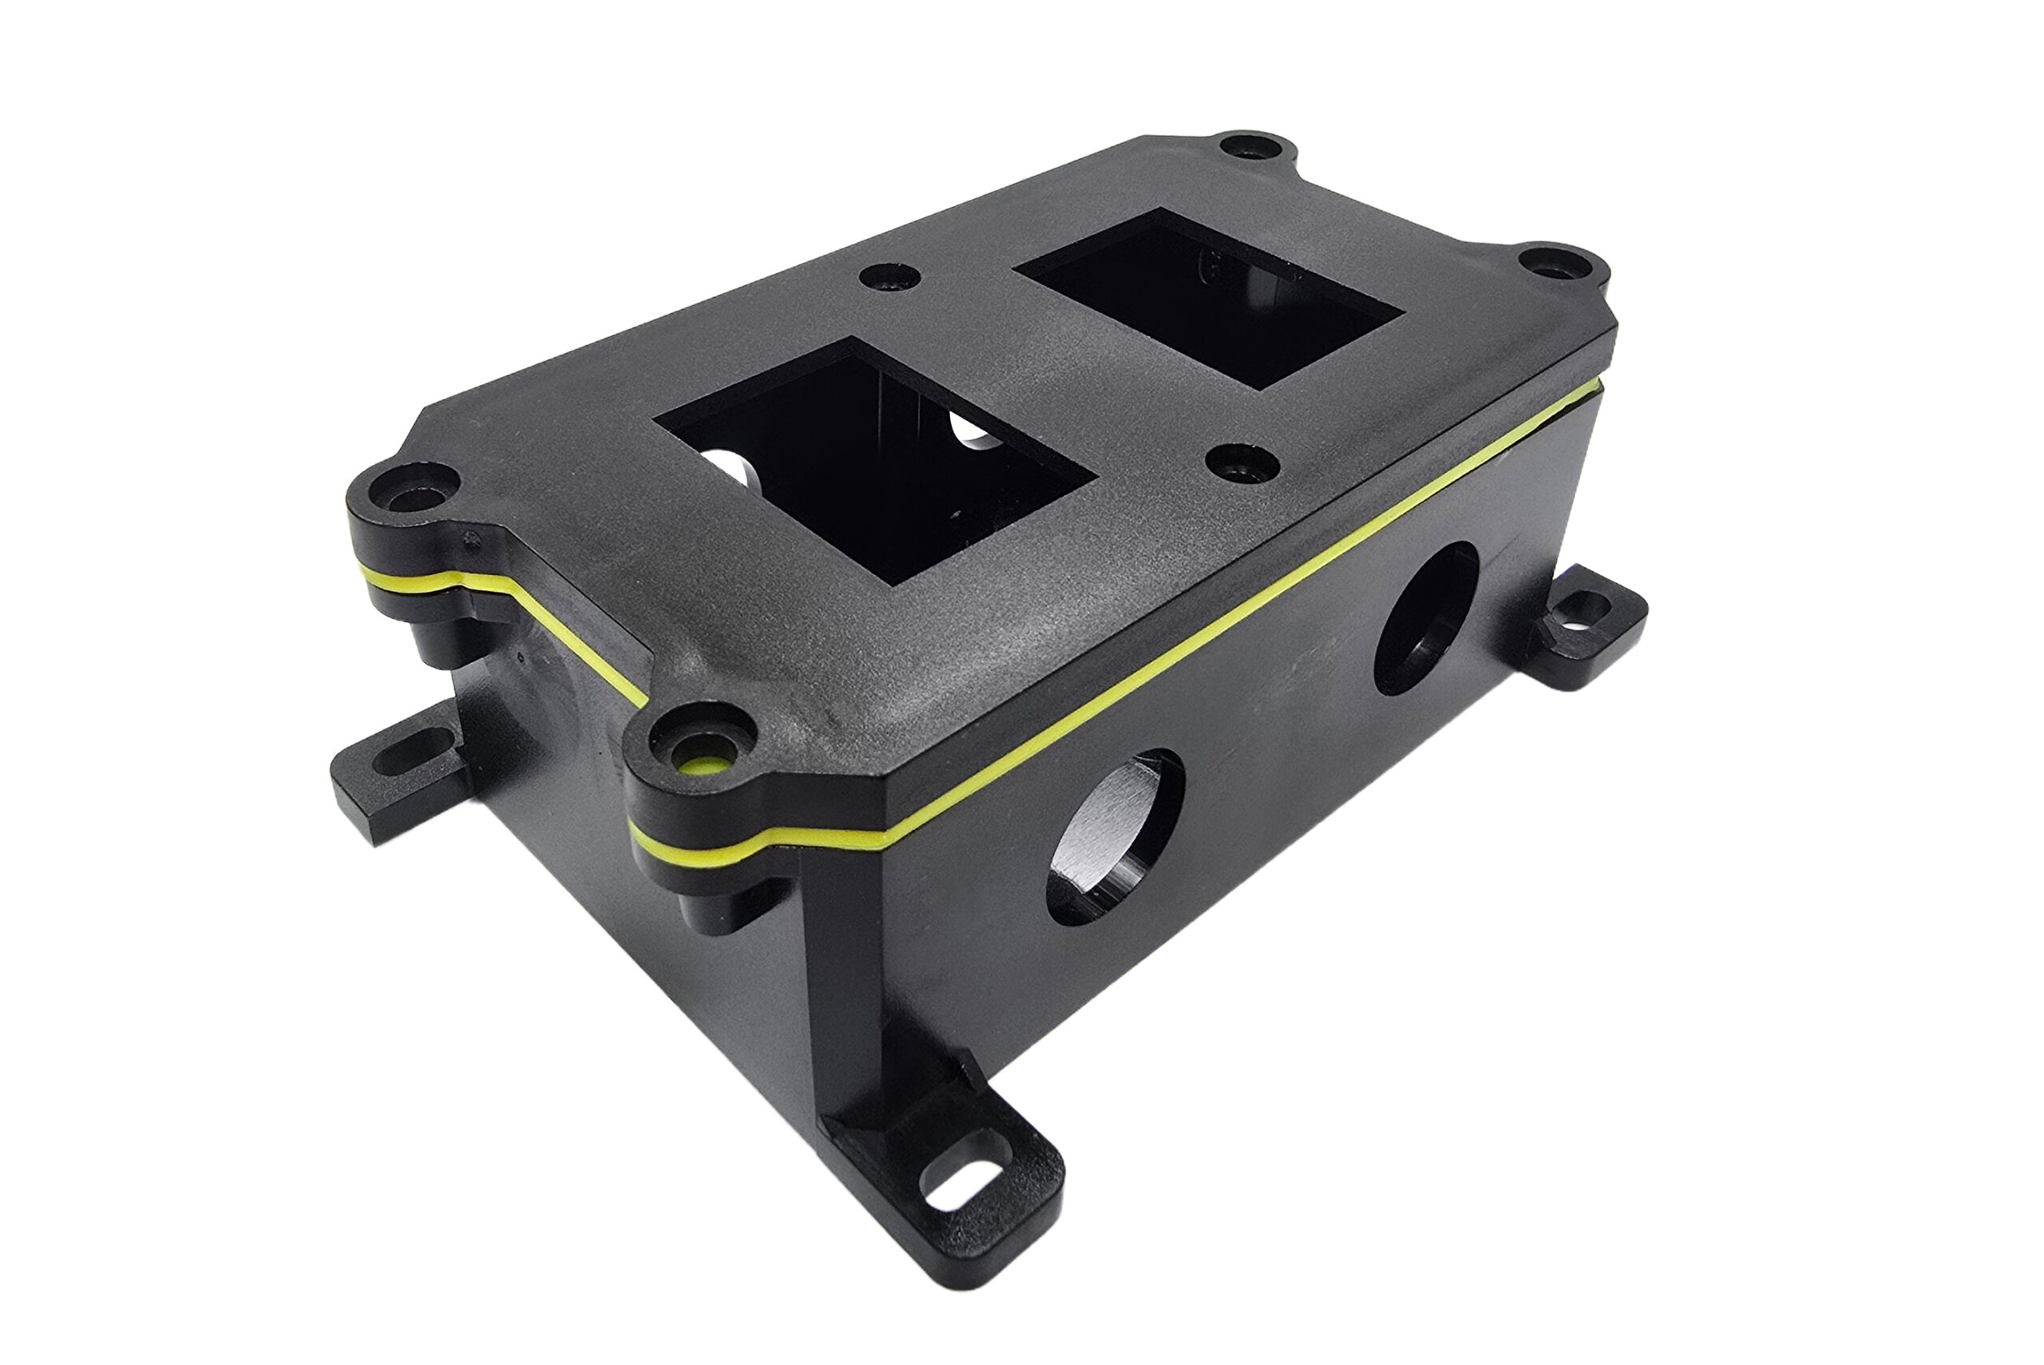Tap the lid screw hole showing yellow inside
pos(700,765)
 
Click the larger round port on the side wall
pos(1114,835)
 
